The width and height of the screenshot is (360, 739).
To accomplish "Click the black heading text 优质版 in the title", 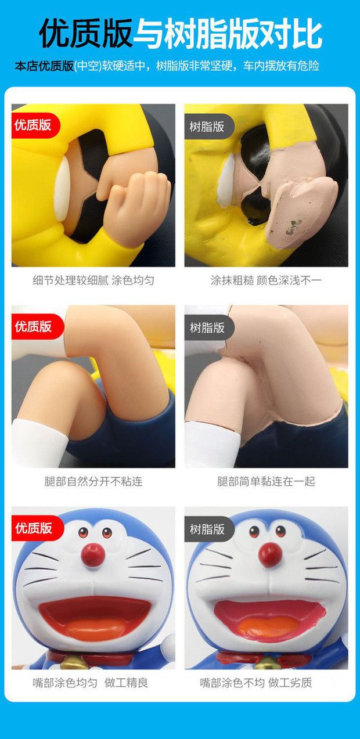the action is (86, 33).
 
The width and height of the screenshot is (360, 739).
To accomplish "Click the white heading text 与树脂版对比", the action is (228, 33).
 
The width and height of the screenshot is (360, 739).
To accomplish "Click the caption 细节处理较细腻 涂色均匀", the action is (93, 280).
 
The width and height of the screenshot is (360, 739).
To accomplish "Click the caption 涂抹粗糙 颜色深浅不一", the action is (266, 280).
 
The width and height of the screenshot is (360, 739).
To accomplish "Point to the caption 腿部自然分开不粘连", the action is (93, 481).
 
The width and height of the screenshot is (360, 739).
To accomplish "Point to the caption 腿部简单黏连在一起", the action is (266, 481).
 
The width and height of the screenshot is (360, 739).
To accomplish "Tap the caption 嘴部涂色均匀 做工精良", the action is (91, 683).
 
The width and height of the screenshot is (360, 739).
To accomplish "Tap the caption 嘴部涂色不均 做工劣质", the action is (256, 683).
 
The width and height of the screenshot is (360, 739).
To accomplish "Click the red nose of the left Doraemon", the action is (93, 555).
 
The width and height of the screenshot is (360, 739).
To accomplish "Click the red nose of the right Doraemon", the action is (270, 555).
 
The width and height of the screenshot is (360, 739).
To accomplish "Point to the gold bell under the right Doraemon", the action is (267, 661).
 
